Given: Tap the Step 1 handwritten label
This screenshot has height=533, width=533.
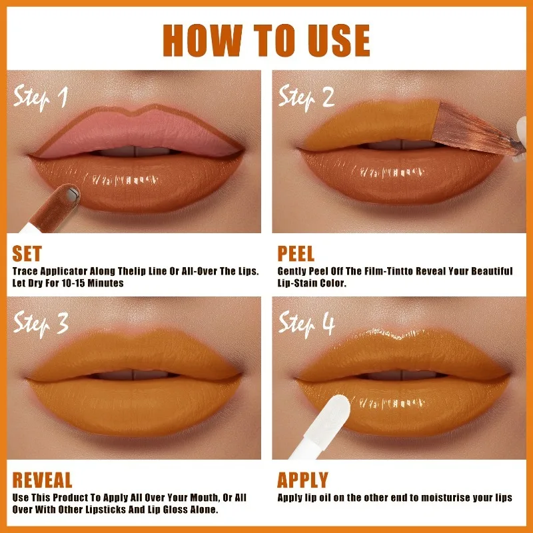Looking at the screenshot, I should (x=41, y=98).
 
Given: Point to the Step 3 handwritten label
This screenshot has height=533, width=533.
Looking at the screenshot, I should (x=41, y=324).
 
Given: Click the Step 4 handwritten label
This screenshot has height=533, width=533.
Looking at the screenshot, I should (x=306, y=324).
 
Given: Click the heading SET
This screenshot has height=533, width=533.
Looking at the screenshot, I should (x=27, y=254).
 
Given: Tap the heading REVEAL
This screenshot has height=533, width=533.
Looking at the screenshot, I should (x=42, y=480).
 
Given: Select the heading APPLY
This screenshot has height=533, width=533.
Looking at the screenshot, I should (x=302, y=480).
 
